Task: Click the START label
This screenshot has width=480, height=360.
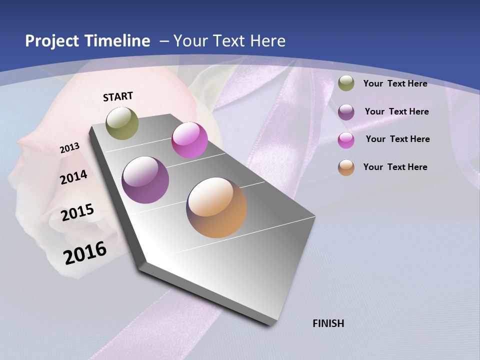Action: pos(118,96)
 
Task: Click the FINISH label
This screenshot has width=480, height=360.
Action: pos(328,323)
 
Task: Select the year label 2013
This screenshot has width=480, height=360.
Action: pos(70,148)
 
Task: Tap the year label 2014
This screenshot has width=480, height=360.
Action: pos(74,177)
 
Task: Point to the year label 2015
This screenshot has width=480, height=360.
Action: pos(77,212)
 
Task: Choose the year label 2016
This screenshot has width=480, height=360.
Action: pos(85,253)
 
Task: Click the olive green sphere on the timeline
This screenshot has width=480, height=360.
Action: pos(122,123)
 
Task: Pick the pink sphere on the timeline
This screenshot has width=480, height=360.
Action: pos(189,140)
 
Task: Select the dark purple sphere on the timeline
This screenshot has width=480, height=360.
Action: pos(145,180)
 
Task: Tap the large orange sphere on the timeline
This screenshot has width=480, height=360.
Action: pos(216,207)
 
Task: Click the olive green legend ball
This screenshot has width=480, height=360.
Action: pos(346,83)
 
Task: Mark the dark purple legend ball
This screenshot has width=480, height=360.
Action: pos(346,111)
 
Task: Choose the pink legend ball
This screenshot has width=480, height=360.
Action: pos(346,139)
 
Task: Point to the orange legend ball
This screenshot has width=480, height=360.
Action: pos(346,167)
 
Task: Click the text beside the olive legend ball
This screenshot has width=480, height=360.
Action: pos(395,83)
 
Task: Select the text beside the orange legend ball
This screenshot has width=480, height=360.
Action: pos(395,167)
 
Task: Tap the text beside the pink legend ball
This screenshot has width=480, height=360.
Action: pos(397,139)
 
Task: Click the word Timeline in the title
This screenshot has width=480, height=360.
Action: pos(117,41)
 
